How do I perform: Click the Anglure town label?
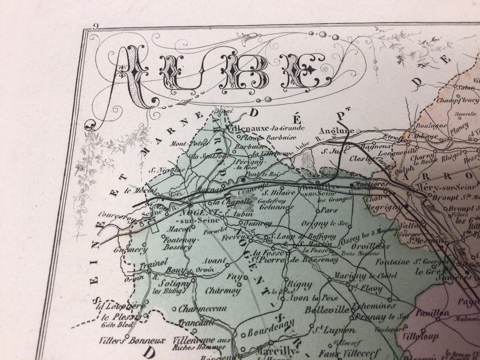tap(336, 131)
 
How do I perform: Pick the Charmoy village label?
tap(223, 291)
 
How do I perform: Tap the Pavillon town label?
tap(433, 313)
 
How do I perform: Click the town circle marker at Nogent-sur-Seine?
tap(190, 205)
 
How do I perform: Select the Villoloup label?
tap(420, 336)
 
